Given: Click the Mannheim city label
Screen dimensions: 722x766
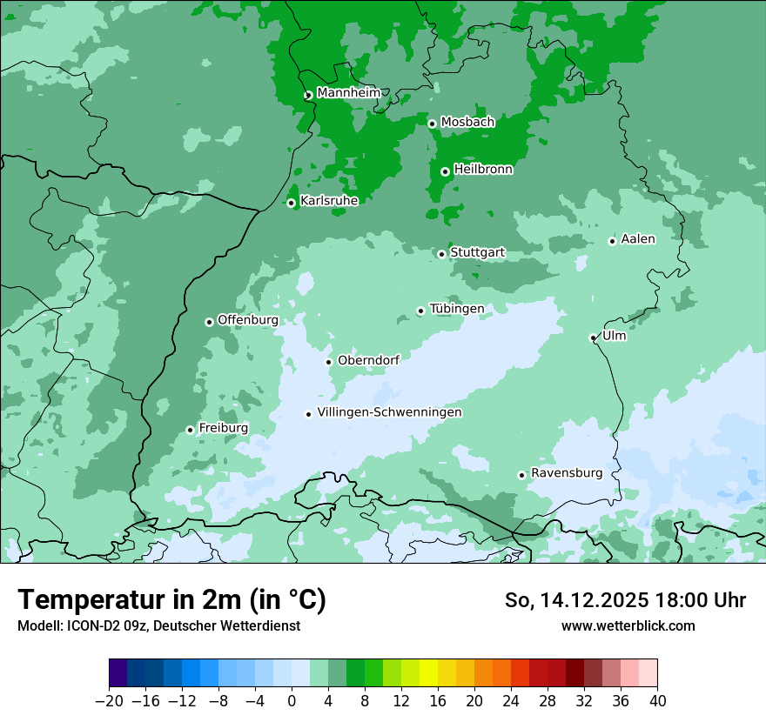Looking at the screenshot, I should click(x=349, y=93).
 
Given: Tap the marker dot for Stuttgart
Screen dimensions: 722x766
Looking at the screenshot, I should click(x=441, y=254).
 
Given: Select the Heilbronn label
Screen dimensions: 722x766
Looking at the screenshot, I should click(x=483, y=170).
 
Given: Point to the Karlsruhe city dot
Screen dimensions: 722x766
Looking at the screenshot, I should click(x=291, y=203).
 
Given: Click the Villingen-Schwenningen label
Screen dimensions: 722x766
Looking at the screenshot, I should click(x=389, y=412).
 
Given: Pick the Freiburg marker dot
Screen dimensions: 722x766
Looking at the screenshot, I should click(x=190, y=430).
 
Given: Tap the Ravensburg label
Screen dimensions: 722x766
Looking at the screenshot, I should click(x=567, y=473).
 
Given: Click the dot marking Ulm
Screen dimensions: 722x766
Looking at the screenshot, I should click(x=593, y=338).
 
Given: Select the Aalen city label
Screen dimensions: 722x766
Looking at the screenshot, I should click(x=638, y=239).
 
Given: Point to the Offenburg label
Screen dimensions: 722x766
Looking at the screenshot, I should click(x=248, y=320).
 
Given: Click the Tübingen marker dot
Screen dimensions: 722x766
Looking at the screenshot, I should click(x=420, y=311).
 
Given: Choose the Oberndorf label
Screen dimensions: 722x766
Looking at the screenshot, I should click(x=368, y=360).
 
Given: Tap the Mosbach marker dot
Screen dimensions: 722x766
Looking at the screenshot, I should click(x=432, y=124).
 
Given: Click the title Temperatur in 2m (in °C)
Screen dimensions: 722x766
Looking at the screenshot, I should click(x=171, y=600).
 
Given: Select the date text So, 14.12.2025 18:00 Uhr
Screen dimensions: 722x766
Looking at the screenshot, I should click(x=625, y=600).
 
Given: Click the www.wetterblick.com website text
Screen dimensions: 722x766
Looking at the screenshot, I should click(x=628, y=625).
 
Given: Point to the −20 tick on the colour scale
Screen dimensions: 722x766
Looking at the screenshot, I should click(x=110, y=701).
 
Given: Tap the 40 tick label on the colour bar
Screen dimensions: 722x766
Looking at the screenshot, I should click(x=657, y=701).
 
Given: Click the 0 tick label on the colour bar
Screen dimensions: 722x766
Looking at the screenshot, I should click(x=292, y=701).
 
